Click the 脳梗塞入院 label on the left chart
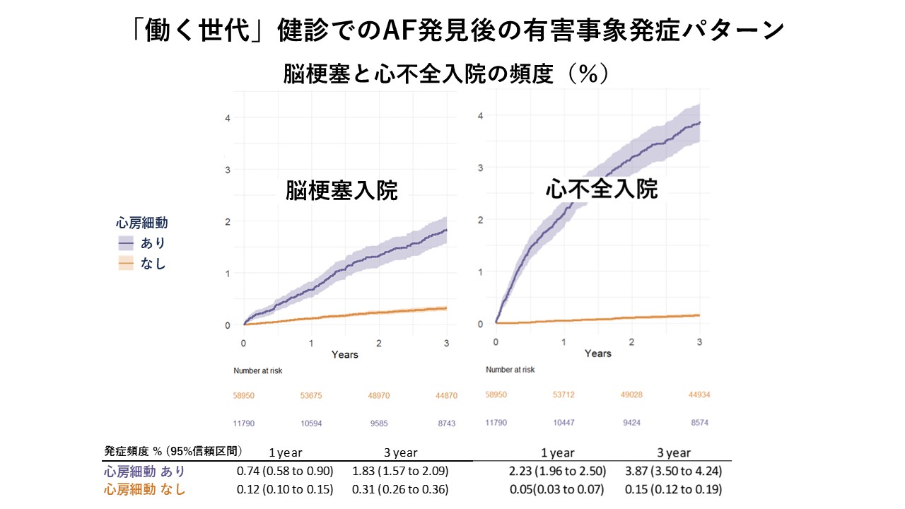click(x=341, y=191)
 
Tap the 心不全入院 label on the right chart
click(x=602, y=189)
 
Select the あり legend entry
click(x=152, y=243)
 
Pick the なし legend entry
click(x=152, y=264)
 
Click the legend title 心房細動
click(x=141, y=223)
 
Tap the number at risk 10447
click(x=565, y=422)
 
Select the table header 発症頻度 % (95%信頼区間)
click(x=173, y=451)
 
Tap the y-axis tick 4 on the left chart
click(x=228, y=117)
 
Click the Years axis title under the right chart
click(x=598, y=353)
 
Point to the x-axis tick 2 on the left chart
click(x=379, y=342)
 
